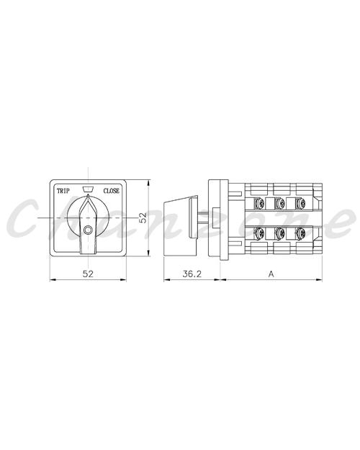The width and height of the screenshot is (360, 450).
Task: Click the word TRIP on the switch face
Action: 63,191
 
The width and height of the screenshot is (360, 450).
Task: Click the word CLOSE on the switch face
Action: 111,191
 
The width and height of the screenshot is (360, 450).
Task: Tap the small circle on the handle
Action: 88,230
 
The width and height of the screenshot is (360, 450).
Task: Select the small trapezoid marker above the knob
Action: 88,189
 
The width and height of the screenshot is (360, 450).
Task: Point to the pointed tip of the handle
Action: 88,195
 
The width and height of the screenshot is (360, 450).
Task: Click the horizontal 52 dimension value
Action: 88,274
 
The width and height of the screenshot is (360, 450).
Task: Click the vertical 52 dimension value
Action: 143,217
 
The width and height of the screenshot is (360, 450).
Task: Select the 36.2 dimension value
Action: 192,274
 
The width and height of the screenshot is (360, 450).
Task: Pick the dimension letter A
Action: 271,274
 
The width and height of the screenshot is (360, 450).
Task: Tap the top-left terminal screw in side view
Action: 259,204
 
